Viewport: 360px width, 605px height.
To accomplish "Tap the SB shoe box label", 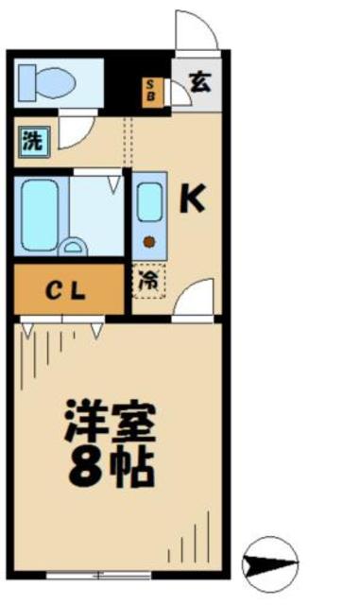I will (151, 91).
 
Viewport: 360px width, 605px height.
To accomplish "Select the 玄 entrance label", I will (199, 81).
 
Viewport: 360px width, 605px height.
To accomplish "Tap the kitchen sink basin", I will (148, 201).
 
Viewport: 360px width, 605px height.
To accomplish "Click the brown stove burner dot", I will (147, 240).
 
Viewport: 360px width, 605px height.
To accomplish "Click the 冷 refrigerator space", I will (148, 280).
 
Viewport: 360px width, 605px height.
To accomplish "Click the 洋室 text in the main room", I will (109, 420).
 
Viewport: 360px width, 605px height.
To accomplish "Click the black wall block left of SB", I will (123, 85).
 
